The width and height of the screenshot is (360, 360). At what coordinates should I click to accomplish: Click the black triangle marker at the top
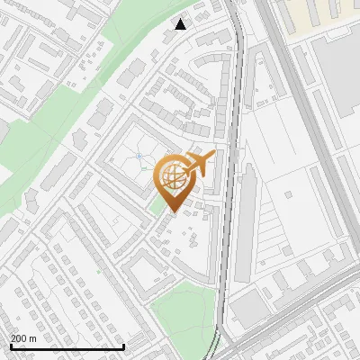tap(181, 24)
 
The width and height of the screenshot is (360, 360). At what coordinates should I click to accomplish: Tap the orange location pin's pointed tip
tap(171, 211)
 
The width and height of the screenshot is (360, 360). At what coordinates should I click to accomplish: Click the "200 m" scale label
tap(23, 337)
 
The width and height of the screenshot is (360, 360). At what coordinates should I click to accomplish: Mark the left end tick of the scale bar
tap(11, 346)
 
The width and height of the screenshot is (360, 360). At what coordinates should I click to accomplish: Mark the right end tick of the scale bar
tap(123, 346)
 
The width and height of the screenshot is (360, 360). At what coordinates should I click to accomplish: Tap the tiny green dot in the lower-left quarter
tap(97, 270)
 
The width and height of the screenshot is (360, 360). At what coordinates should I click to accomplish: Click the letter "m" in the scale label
tap(33, 337)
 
